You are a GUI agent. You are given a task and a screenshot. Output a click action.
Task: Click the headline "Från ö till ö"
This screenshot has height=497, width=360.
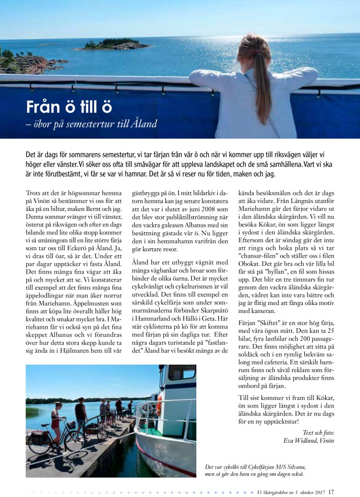(69, 107)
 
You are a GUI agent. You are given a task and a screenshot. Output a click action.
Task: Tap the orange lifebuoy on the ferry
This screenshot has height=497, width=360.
(159, 405)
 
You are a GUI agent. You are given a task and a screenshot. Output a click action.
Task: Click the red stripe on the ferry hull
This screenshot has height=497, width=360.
(164, 462)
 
